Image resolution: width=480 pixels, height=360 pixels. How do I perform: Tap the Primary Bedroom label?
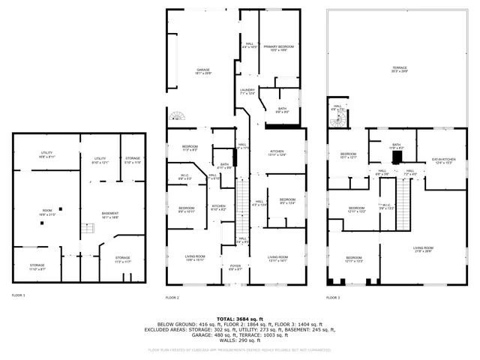(x=278, y=48)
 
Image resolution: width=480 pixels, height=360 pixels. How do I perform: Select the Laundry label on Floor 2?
(x=247, y=91)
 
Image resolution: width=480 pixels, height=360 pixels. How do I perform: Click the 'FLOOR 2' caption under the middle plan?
(x=173, y=298)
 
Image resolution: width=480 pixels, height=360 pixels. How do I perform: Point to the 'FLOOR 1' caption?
(x=18, y=295)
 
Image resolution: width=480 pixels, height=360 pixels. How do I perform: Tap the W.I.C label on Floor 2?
(x=184, y=178)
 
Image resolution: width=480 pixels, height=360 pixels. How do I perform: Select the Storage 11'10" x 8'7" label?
(x=37, y=267)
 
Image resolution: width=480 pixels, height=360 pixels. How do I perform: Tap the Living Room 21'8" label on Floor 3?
(x=424, y=250)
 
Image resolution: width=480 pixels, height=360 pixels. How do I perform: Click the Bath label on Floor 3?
(x=396, y=147)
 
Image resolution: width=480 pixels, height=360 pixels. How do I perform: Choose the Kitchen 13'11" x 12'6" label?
(x=277, y=154)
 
